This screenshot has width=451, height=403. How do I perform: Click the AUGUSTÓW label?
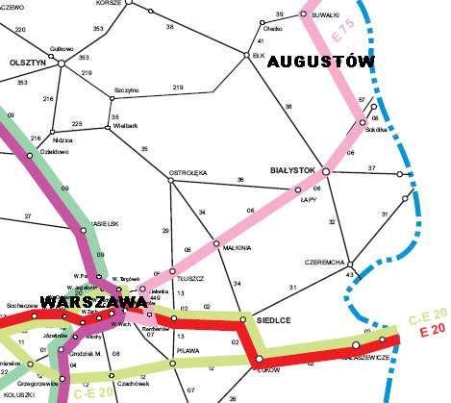pos(322,62)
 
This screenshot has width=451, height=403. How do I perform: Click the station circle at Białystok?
pos(325,171)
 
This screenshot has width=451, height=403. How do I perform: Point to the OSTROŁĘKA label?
pos(188,173)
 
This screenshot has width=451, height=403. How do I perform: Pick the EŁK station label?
pos(257,56)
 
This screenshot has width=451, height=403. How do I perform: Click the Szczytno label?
pos(127,89)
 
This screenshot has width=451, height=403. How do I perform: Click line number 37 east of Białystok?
pos(372,168)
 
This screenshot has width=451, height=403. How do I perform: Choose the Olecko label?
pos(273,29)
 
